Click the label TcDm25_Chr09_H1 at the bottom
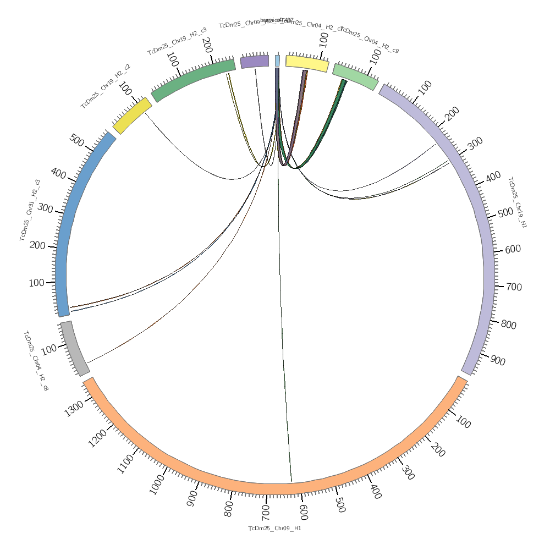point(274,529)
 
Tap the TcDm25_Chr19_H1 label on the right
point(517,202)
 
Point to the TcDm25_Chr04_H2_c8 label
point(36,361)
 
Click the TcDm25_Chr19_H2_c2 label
point(106,86)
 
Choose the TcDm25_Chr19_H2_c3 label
point(177,41)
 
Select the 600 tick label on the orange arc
point(303,512)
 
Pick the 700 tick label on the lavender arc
point(514,287)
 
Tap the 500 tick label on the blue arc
point(76,140)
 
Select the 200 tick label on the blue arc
point(37,245)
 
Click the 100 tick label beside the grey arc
point(49,349)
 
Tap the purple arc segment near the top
point(254,61)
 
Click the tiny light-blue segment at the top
point(277,61)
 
